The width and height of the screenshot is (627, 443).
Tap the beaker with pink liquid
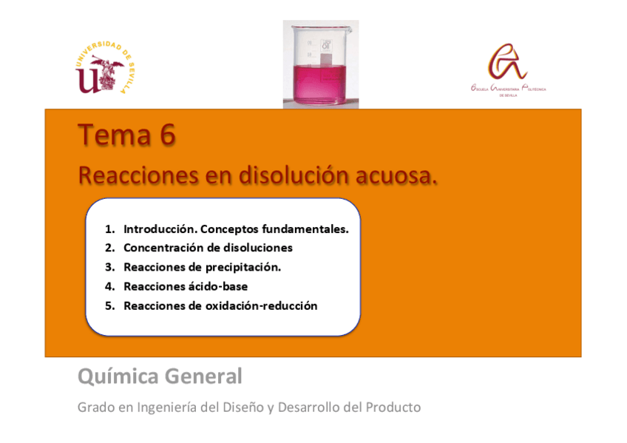point(320,65)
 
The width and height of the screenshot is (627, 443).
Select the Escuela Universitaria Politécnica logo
point(507,70)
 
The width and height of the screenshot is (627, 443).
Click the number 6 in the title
point(166,136)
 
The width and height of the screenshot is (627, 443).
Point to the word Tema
point(115,136)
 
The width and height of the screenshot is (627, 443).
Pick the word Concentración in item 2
point(166,248)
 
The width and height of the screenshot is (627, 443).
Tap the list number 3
point(109,267)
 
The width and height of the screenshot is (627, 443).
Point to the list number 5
point(109,305)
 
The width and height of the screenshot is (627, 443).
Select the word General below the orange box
point(203,377)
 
